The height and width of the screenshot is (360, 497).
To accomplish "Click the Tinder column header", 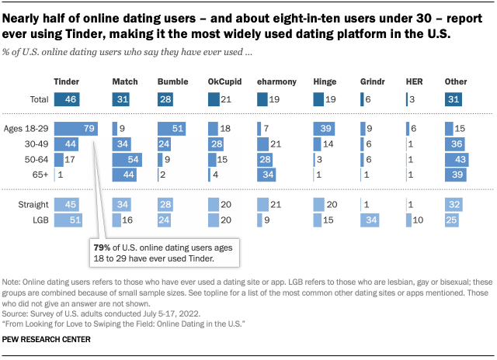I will pyautogui.click(x=67, y=81).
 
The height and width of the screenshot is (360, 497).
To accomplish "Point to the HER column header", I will pyautogui.click(x=415, y=81).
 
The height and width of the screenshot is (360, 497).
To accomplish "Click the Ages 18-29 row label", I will pyautogui.click(x=28, y=129).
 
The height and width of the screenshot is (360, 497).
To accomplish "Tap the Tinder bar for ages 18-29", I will pyautogui.click(x=75, y=129).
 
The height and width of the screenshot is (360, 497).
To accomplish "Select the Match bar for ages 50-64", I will pyautogui.click(x=126, y=160).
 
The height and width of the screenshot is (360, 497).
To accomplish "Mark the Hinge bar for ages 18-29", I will pyautogui.click(x=324, y=129).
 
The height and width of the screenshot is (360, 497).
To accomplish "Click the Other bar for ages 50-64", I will pyautogui.click(x=455, y=160).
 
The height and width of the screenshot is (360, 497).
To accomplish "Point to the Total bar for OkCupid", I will pyautogui.click(x=214, y=99).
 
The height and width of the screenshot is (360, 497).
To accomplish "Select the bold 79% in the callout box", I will pyautogui.click(x=103, y=246).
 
